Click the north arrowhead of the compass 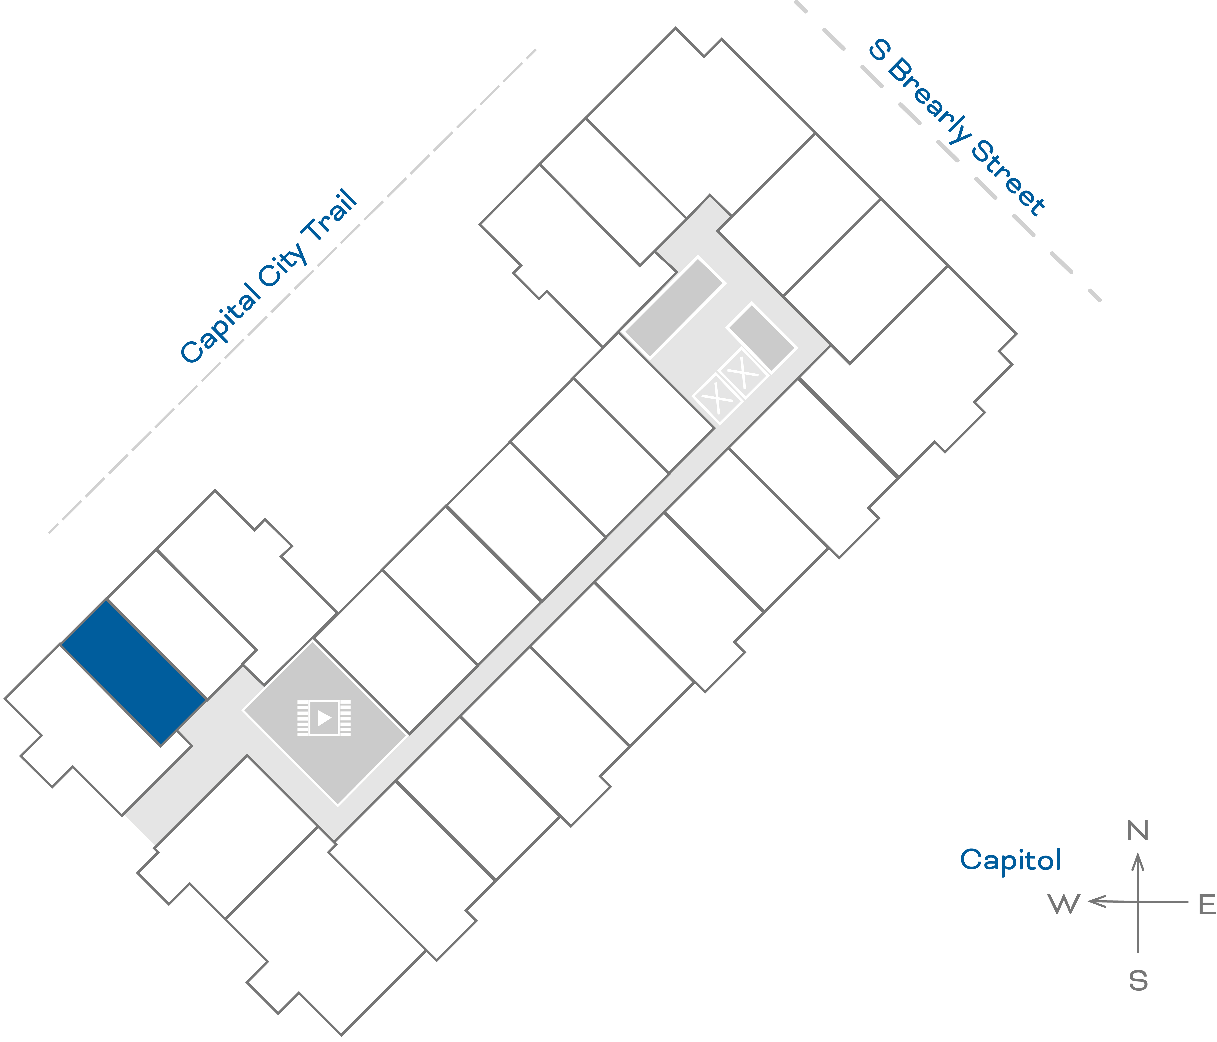coord(1138,862)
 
